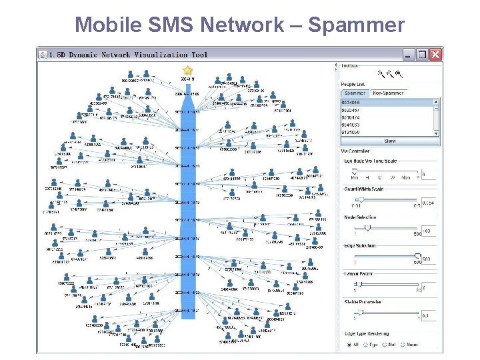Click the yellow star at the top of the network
pyautogui.click(x=188, y=69)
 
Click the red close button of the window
pyautogui.click(x=435, y=55)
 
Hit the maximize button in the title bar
pyautogui.click(x=422, y=55)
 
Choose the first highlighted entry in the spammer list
pyautogui.click(x=386, y=103)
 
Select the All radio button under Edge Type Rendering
pyautogui.click(x=348, y=345)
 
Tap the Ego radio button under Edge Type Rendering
pyautogui.click(x=365, y=345)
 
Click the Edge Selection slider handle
pyautogui.click(x=418, y=255)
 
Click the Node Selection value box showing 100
pyautogui.click(x=429, y=231)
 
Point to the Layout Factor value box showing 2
pyautogui.click(x=429, y=287)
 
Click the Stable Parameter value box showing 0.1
pyautogui.click(x=429, y=315)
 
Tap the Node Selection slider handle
pyautogui.click(x=366, y=227)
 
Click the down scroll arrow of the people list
pyautogui.click(x=437, y=133)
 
